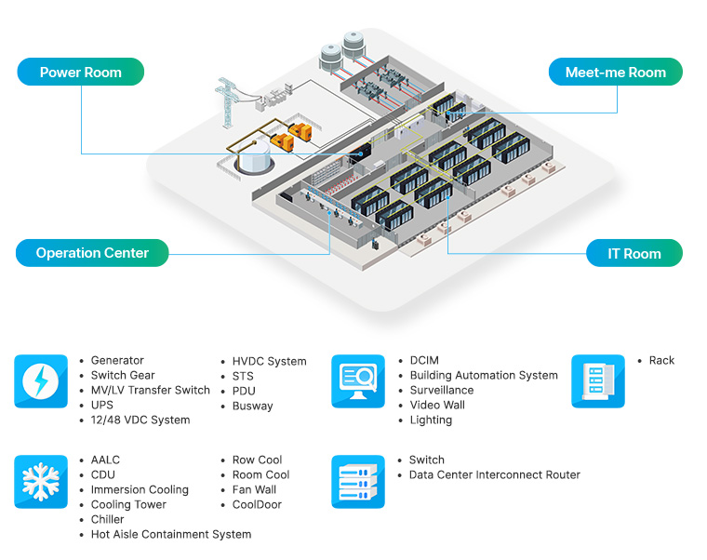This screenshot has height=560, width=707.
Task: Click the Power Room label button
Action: click(81, 73)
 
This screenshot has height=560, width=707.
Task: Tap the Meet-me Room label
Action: click(615, 73)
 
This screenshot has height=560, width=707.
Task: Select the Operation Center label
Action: click(92, 253)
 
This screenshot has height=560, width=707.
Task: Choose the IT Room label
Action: click(634, 253)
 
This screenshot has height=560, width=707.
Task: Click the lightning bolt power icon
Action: click(41, 381)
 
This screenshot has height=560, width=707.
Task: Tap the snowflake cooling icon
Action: click(41, 482)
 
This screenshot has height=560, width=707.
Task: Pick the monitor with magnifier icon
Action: click(358, 381)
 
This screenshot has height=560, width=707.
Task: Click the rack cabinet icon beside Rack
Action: click(597, 381)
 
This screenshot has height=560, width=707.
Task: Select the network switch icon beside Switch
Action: click(358, 482)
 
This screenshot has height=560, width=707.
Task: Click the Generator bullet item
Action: click(117, 361)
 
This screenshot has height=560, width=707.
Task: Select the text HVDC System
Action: click(269, 362)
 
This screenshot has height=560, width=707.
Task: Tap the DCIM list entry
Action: click(424, 361)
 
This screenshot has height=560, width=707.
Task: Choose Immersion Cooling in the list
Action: click(140, 490)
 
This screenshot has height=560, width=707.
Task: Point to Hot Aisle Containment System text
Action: click(171, 535)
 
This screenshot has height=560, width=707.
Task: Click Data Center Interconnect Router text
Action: click(494, 475)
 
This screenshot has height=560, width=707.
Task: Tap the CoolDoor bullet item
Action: click(257, 505)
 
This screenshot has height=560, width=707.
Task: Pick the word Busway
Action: click(253, 407)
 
